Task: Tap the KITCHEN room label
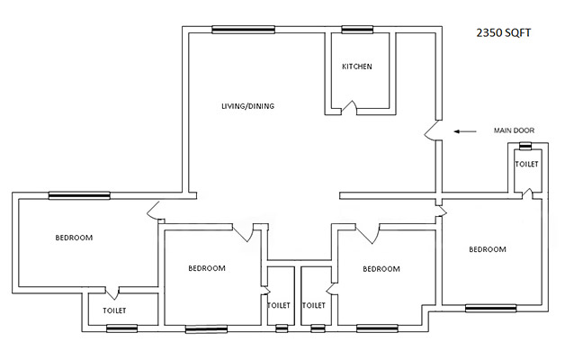356,67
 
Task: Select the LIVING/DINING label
247,106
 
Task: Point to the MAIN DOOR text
514,130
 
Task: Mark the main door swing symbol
433,133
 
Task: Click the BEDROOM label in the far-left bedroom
74,238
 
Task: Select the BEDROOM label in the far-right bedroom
487,249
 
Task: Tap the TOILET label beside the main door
526,164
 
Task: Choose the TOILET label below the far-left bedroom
114,310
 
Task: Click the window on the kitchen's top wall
357,30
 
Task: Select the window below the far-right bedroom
490,309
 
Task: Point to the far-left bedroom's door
154,212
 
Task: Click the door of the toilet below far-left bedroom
112,293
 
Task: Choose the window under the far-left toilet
121,328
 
